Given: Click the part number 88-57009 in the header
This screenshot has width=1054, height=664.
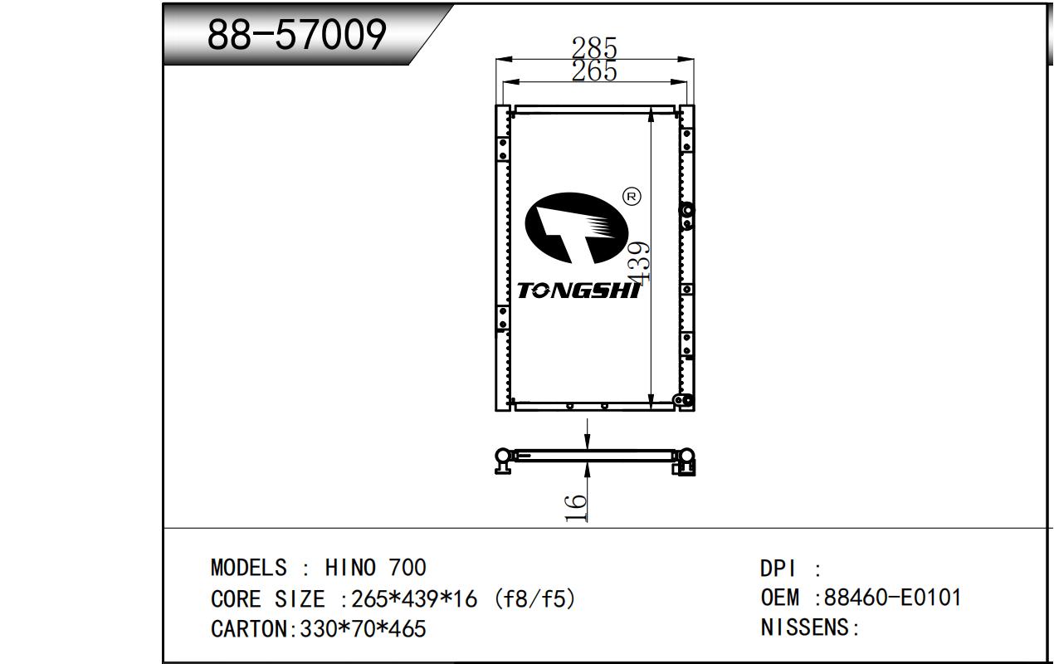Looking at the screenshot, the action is click(296, 34).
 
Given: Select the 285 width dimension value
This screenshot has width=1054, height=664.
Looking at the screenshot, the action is click(594, 47).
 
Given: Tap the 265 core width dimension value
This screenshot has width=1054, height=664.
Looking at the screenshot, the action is click(594, 71).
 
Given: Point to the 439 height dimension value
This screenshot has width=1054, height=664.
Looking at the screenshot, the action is click(638, 262).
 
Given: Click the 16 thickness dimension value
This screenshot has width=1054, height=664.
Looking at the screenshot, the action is click(576, 508).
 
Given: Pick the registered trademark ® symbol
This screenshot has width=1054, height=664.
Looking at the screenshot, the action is click(632, 196).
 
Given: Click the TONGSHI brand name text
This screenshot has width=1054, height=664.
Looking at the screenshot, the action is click(578, 290).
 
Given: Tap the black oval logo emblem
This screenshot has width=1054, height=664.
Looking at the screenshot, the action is click(577, 227).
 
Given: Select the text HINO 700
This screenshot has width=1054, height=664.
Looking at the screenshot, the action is click(375, 568).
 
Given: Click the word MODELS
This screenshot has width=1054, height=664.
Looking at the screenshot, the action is click(248, 568).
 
